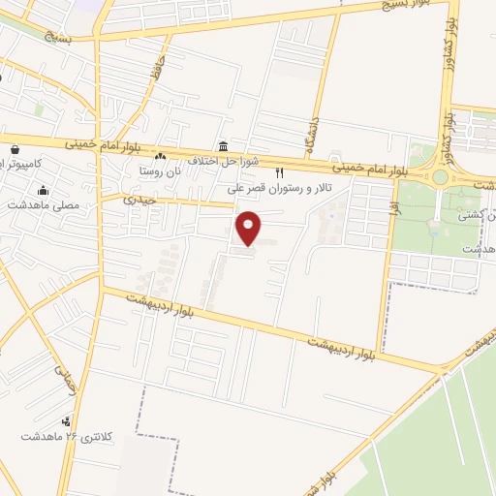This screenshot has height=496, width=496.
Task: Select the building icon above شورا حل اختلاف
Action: pyautogui.click(x=224, y=146)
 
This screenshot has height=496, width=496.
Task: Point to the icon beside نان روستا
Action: pyautogui.click(x=161, y=158)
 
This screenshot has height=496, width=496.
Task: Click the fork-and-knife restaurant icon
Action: pyautogui.click(x=280, y=172)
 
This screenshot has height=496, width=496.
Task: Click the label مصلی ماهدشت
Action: pyautogui.click(x=44, y=205)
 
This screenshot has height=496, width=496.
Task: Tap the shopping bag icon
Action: pyautogui.click(x=16, y=150)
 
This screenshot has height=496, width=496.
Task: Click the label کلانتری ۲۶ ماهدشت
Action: pyautogui.click(x=68, y=437)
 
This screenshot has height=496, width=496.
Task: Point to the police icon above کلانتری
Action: pyautogui.click(x=66, y=421)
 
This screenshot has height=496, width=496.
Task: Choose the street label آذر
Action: pyautogui.click(x=395, y=205)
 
